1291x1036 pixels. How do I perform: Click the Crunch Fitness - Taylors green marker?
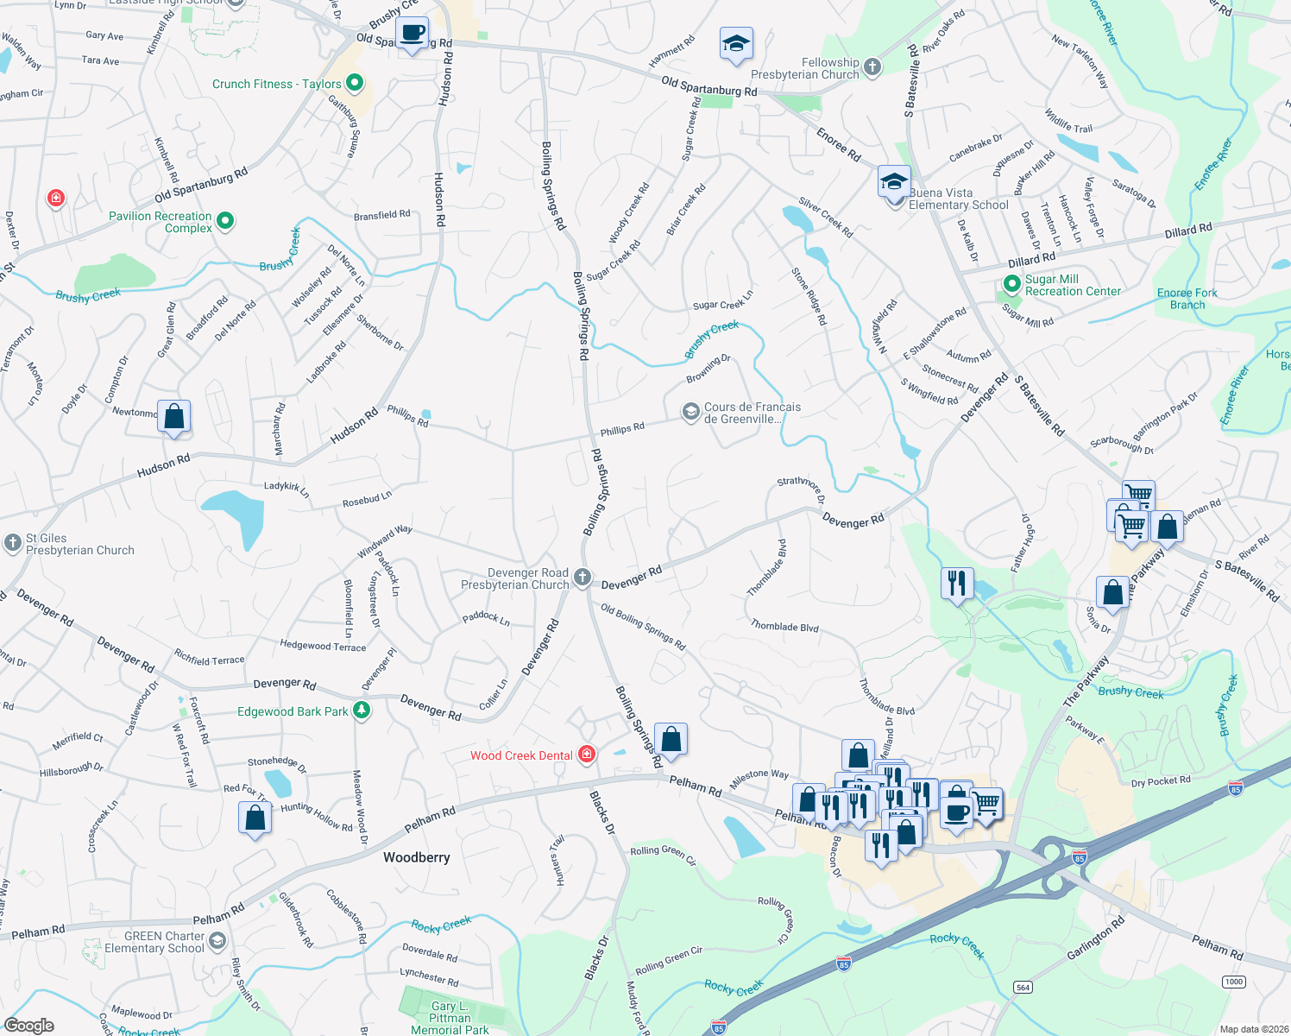click(354, 84)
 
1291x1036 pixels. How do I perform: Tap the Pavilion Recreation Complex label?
click(161, 222)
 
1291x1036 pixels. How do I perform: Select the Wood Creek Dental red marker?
click(587, 755)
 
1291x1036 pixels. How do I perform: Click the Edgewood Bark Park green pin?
click(362, 711)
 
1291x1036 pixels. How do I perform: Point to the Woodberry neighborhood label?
click(417, 857)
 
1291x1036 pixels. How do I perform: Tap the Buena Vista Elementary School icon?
click(894, 184)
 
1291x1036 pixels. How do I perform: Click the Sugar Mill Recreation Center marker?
click(1012, 284)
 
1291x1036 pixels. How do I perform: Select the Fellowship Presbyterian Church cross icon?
click(872, 67)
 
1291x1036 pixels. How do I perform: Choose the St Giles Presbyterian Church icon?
click(12, 543)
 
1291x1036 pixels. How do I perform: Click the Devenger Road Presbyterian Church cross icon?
click(583, 578)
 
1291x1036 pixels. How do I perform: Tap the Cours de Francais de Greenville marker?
click(690, 412)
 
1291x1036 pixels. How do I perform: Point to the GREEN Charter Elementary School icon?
click(217, 941)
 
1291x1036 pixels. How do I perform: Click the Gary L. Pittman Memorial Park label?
click(450, 1018)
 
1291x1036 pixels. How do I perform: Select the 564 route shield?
click(1023, 987)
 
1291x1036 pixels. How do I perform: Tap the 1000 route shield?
click(1234, 982)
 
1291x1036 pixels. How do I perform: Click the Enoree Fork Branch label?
click(1187, 299)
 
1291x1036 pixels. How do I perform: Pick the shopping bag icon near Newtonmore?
click(174, 416)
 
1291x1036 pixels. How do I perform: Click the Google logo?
click(29, 1025)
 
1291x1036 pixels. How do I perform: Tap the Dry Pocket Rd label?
click(1161, 781)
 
